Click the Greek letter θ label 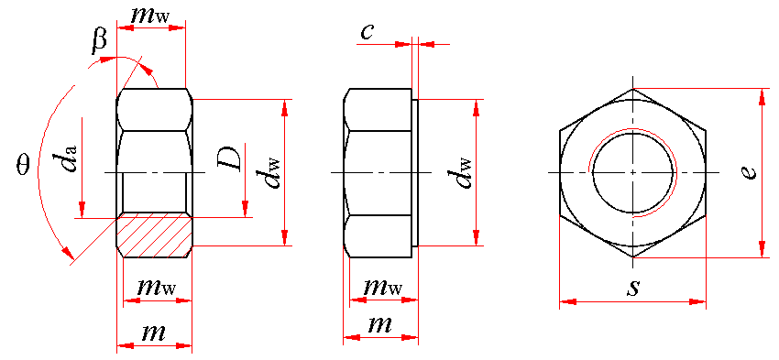[23, 163]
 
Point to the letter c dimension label [367, 31]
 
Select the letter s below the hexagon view [632, 288]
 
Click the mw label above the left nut [149, 16]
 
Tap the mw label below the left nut [157, 287]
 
